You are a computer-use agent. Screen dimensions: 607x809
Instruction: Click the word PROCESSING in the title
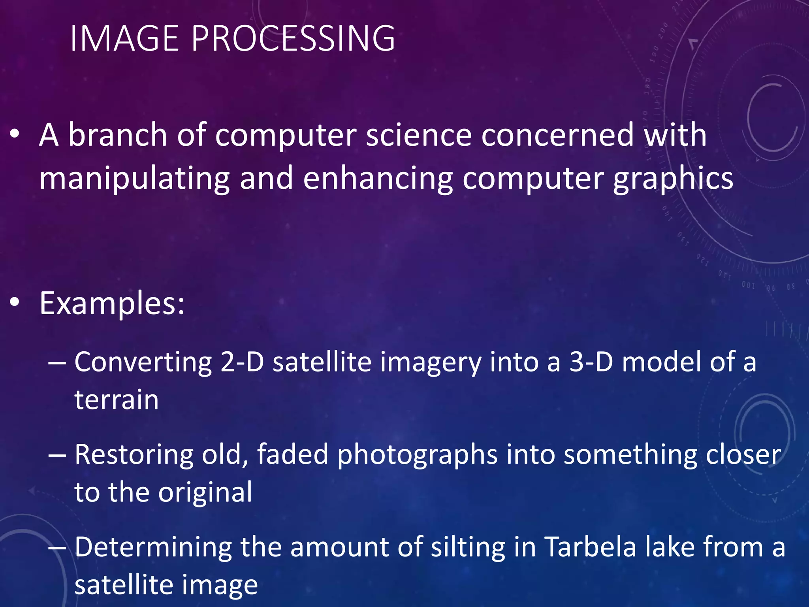click(x=293, y=39)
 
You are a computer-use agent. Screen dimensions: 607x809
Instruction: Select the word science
click(x=419, y=135)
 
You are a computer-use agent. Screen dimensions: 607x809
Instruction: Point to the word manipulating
click(x=134, y=179)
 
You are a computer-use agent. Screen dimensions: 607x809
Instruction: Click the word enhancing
click(x=378, y=179)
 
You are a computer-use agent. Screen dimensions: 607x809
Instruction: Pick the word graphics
click(x=673, y=179)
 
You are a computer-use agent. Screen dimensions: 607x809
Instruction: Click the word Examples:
click(x=112, y=303)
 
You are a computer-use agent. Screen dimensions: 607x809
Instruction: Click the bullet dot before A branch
click(x=15, y=135)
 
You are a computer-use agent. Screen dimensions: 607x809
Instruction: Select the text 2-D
click(x=242, y=362)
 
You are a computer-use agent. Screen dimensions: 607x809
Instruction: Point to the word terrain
click(x=117, y=400)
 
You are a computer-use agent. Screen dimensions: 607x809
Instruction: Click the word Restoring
click(x=134, y=454)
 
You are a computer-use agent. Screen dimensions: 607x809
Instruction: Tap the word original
click(x=205, y=493)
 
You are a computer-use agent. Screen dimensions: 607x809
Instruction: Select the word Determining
click(x=153, y=547)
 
